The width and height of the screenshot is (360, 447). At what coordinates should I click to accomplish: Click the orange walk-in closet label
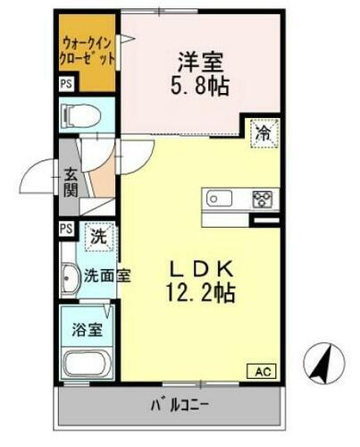point(88,49)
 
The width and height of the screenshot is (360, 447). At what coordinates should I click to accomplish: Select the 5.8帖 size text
point(199,88)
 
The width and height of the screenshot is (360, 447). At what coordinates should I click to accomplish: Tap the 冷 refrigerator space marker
point(263,132)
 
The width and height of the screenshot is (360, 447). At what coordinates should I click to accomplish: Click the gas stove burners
point(263,198)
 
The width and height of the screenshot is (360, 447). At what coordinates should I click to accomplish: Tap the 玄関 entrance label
point(71,182)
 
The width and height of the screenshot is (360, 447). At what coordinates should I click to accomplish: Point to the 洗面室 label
point(107,275)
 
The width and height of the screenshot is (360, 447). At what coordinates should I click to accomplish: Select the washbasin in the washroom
point(70,281)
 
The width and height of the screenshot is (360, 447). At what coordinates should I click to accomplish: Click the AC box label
point(264,371)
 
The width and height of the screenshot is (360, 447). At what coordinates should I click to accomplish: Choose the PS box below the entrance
point(66,228)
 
